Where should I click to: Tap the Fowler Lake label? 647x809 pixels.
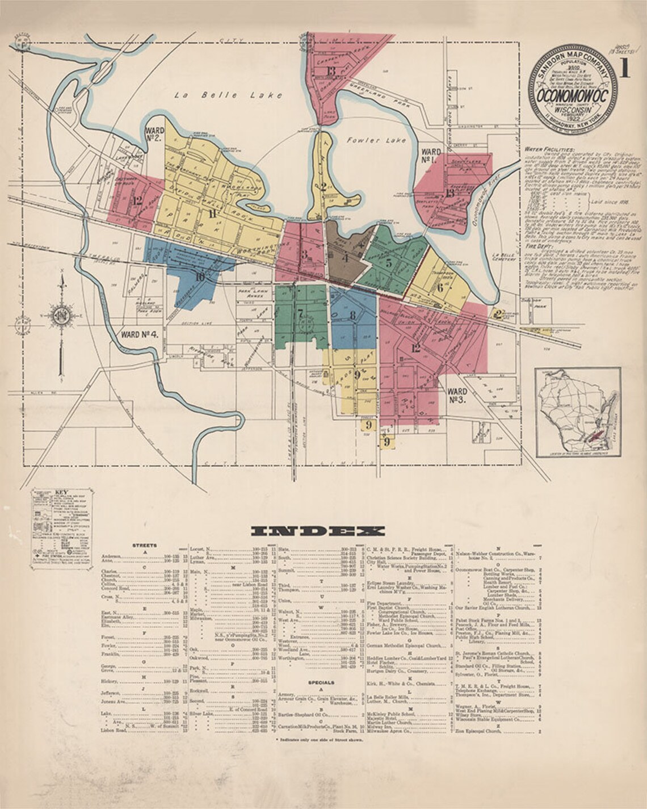pyautogui.click(x=376, y=140)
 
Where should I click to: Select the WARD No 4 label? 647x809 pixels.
pyautogui.click(x=139, y=334)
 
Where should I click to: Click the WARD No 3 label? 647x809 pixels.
pyautogui.click(x=457, y=395)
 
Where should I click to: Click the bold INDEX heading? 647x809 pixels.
pyautogui.click(x=318, y=531)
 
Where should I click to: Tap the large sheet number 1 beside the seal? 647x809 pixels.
pyautogui.click(x=625, y=69)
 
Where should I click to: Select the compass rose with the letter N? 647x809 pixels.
pyautogui.click(x=60, y=314)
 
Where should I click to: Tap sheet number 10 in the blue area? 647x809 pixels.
pyautogui.click(x=199, y=277)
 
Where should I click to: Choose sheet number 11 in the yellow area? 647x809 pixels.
pyautogui.click(x=213, y=214)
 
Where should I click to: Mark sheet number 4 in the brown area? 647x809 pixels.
pyautogui.click(x=344, y=257)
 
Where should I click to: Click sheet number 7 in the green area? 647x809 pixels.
pyautogui.click(x=299, y=313)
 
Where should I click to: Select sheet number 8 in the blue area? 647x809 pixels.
pyautogui.click(x=352, y=316)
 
